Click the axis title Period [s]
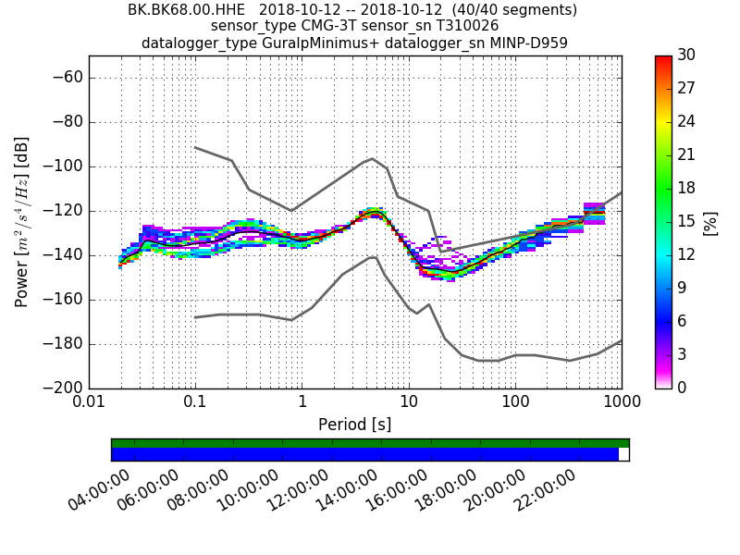click(355, 425)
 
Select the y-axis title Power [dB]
click(22, 222)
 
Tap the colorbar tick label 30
click(686, 55)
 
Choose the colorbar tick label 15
click(685, 222)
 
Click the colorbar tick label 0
click(681, 388)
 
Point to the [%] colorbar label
click(710, 222)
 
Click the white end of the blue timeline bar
click(623, 454)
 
